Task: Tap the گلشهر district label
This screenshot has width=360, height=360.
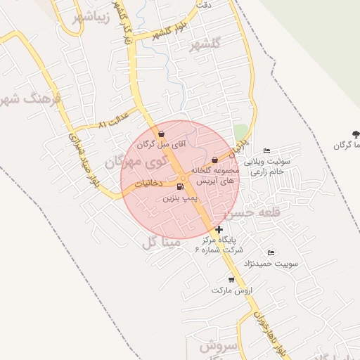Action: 205,44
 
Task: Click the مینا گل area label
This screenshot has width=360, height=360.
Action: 161,243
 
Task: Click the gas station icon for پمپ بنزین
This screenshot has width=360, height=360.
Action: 181,187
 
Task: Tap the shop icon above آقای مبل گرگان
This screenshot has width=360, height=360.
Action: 162,134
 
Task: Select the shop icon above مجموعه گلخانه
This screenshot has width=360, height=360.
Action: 214,161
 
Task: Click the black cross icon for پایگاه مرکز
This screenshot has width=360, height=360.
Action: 219,229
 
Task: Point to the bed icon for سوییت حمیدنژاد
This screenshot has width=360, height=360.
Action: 271,252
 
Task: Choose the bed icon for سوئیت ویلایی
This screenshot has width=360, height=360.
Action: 266,151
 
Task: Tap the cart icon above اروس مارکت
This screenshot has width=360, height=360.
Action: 231,279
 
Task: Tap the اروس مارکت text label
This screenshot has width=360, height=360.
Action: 227,290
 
